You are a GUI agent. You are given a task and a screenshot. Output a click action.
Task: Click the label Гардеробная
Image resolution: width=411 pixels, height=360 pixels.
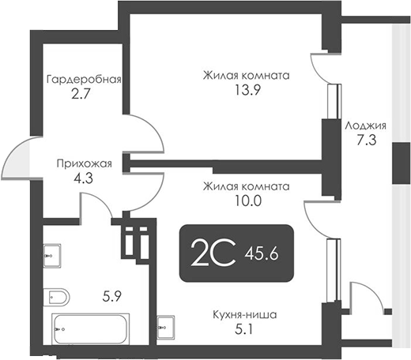(83, 80)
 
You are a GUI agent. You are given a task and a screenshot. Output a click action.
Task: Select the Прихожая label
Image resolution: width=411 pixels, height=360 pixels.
(84, 164)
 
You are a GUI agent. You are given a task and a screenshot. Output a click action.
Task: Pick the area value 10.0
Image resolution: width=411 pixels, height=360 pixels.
(245, 201)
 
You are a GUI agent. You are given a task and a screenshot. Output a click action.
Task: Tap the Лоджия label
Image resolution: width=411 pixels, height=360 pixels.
(365, 126)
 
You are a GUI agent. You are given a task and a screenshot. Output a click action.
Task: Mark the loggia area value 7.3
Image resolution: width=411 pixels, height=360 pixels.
(365, 140)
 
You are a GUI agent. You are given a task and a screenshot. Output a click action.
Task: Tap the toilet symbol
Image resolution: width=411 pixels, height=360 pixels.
(57, 297)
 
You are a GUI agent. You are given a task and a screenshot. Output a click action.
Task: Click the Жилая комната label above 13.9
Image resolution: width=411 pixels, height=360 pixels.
(245, 76)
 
